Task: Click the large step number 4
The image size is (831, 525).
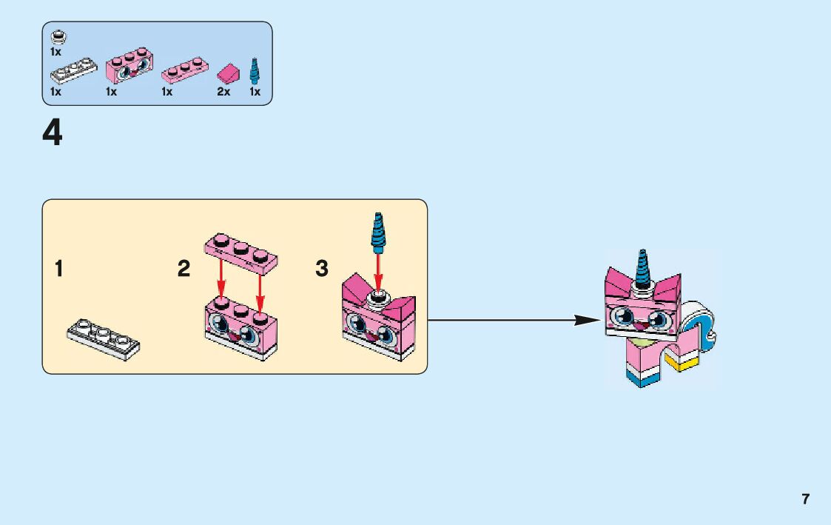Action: (x=53, y=134)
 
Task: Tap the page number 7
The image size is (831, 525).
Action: (x=806, y=499)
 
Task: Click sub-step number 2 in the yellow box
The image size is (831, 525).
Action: (x=184, y=269)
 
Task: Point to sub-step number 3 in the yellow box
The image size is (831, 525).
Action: (x=322, y=269)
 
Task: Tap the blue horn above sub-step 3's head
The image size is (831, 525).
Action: (x=378, y=232)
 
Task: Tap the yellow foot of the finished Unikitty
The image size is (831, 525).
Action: (x=682, y=363)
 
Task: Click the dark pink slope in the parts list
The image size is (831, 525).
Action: (x=226, y=73)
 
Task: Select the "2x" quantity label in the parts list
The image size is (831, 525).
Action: (x=223, y=93)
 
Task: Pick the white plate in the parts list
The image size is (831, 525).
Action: (x=73, y=72)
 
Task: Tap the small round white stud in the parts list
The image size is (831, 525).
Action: (x=56, y=37)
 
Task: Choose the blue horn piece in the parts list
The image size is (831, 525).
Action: (x=256, y=70)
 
